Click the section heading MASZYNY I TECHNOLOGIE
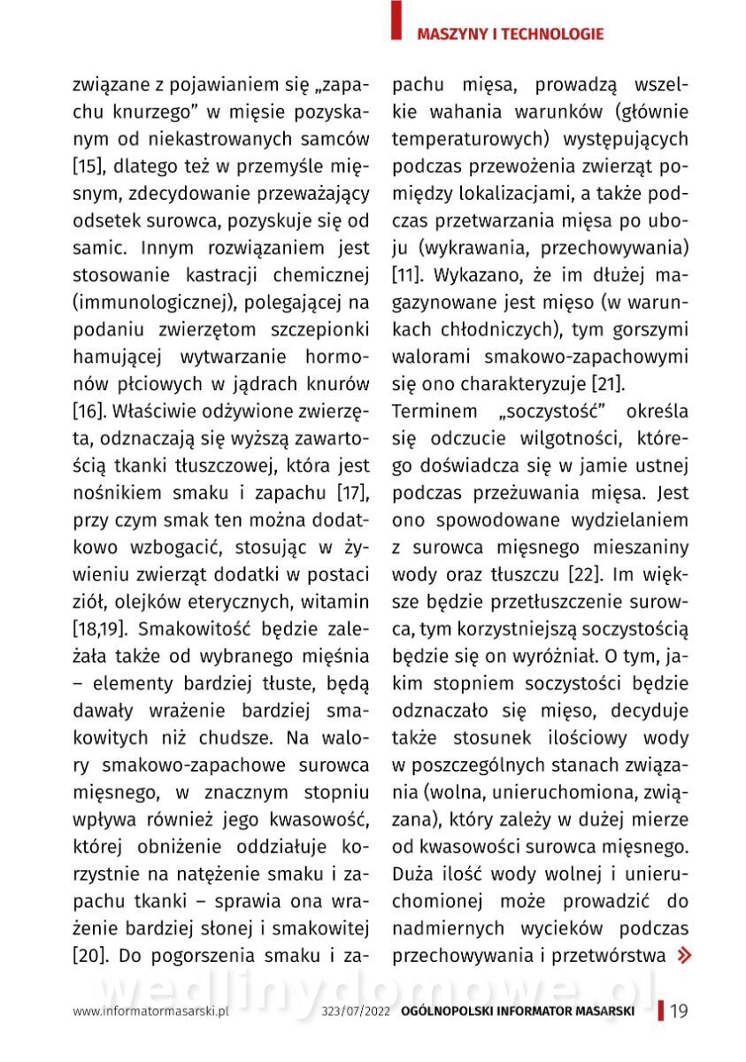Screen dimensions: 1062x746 (510, 35)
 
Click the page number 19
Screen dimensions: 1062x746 (680, 1012)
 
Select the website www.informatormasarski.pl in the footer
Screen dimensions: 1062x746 (151, 1012)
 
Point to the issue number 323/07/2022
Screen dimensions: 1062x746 (356, 1012)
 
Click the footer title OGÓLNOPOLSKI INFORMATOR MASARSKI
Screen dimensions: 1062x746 (517, 1012)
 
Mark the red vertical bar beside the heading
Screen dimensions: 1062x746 (396, 19)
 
